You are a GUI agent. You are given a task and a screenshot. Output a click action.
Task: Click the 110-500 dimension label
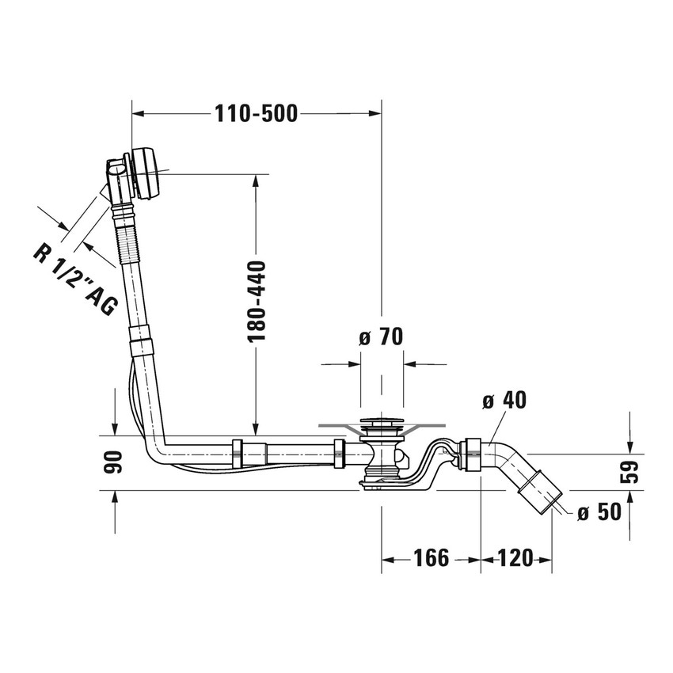point(256,114)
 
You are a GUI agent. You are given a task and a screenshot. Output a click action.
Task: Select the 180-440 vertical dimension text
point(257,301)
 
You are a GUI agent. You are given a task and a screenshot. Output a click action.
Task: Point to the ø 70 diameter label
point(381,336)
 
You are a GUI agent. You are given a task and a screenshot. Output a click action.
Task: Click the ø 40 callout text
point(504,401)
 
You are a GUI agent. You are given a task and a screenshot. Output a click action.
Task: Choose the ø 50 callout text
point(599,512)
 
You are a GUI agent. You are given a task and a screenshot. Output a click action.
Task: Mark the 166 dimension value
point(431,558)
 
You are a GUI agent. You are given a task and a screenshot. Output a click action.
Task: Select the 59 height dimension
point(629,472)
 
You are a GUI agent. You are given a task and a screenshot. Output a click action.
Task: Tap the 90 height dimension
point(114,462)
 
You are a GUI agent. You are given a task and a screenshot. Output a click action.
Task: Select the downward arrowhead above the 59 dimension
point(629,447)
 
